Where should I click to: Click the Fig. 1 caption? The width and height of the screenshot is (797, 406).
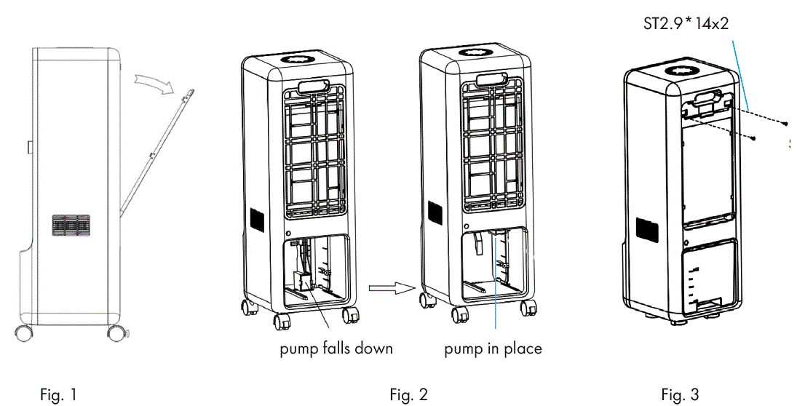tap(58, 395)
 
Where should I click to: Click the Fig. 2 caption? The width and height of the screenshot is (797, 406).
tap(408, 395)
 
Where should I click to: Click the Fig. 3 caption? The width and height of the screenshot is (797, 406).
tap(680, 395)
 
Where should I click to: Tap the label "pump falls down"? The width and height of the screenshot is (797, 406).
tap(336, 349)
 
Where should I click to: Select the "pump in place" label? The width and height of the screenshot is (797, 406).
tap(493, 349)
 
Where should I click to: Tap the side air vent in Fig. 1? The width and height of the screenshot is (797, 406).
tap(71, 226)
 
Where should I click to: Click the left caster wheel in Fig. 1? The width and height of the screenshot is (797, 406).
tap(24, 334)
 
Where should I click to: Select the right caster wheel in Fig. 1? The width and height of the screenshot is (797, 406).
tap(115, 334)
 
